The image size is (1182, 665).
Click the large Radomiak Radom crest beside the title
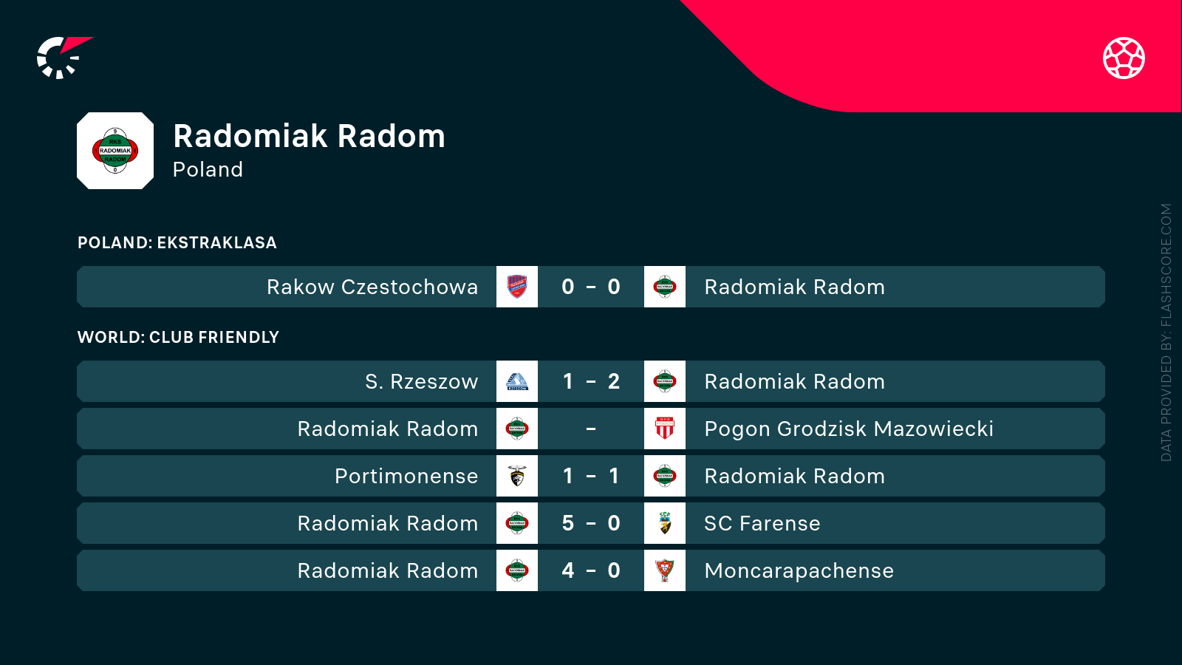point(115,151)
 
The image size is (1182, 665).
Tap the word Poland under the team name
point(208,169)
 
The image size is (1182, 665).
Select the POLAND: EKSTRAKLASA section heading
point(177,243)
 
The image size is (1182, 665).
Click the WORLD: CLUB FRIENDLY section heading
point(178,337)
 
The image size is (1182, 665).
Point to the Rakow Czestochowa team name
point(372,287)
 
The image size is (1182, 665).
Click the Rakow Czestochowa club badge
point(517,287)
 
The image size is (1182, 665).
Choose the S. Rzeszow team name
point(422,381)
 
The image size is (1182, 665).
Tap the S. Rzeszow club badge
point(517,381)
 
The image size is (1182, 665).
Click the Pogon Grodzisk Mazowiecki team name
point(849,429)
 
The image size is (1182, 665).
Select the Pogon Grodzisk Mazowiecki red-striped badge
point(665,429)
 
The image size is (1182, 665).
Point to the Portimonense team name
point(407,476)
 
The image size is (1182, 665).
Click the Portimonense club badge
point(517,476)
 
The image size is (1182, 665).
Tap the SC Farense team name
point(762,523)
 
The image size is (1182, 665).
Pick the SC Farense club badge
point(665,523)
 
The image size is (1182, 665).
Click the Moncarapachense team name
point(799,570)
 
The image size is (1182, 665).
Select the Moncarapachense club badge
point(665,570)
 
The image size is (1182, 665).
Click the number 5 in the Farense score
point(568,523)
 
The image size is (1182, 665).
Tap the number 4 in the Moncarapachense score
point(568,570)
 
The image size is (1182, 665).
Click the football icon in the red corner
point(1124,58)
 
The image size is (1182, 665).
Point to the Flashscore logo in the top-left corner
point(64,58)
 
